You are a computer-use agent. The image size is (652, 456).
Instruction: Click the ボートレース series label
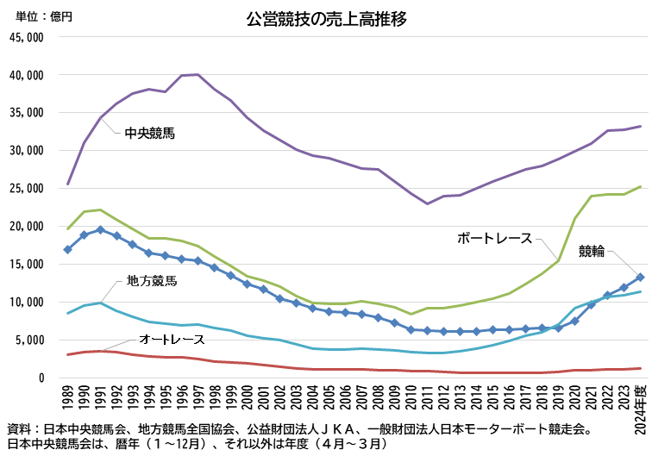coord(494,238)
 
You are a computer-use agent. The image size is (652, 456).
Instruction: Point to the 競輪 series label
coord(592,251)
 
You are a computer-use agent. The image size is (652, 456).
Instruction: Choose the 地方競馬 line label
coord(152,280)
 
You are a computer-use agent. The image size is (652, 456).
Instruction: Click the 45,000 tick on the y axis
coord(26,37)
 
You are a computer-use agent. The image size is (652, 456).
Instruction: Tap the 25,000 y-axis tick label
coord(26,189)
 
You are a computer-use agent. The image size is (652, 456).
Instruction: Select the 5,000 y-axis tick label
coord(28,340)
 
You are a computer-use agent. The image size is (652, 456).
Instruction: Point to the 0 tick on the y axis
coord(40,378)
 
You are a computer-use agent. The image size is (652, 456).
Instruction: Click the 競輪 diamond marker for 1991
coord(100,230)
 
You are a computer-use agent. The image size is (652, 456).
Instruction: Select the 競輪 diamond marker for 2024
coord(640,278)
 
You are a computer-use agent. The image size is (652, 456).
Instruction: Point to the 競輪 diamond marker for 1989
coord(67,249)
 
